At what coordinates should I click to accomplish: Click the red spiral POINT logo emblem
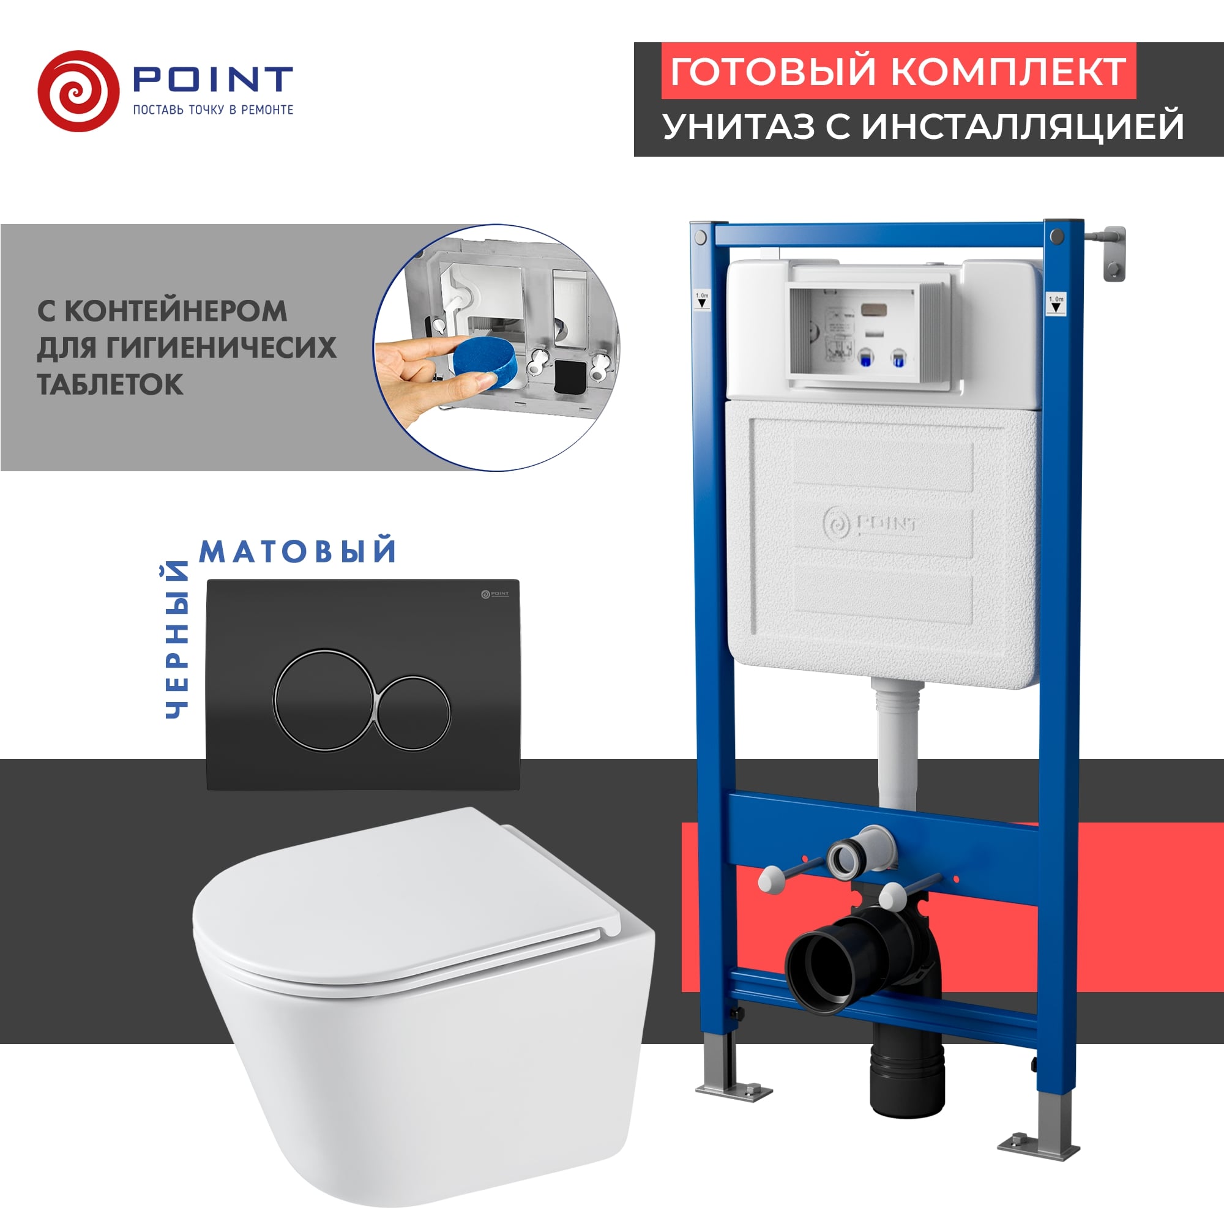coord(78,91)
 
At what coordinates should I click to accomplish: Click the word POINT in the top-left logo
coord(212,79)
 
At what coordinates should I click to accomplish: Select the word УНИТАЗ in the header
coord(738,126)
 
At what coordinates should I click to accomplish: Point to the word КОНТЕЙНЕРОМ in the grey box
coord(176,311)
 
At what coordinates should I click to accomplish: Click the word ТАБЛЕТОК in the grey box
coord(110,384)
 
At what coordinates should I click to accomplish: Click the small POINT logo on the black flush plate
coord(494,594)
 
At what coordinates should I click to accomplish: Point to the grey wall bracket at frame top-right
coord(1113,253)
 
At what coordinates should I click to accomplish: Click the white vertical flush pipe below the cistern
coord(897,748)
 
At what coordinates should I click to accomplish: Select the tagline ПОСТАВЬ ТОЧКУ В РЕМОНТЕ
coord(213,110)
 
